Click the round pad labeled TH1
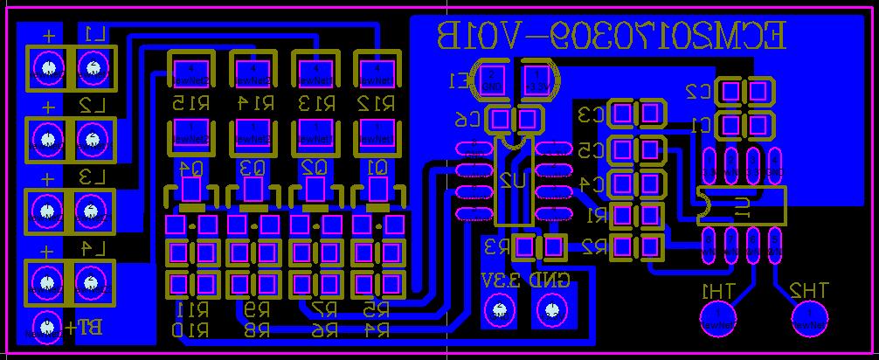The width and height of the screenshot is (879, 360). pos(719,315)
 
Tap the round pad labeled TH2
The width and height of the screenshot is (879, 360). pos(810,315)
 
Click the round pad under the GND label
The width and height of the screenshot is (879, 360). pos(551,309)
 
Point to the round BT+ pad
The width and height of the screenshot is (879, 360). pos(45,327)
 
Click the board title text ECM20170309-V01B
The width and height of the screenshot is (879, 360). pos(611,36)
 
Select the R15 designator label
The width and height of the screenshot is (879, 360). pos(190,103)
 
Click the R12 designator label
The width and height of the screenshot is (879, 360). pos(376,103)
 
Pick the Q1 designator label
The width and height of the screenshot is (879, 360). pos(377,167)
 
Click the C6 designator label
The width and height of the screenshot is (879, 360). pos(469,120)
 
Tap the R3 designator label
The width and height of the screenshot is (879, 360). pos(496,247)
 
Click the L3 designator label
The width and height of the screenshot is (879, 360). pos(91,177)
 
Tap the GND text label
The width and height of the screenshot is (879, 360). pos(550,280)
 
